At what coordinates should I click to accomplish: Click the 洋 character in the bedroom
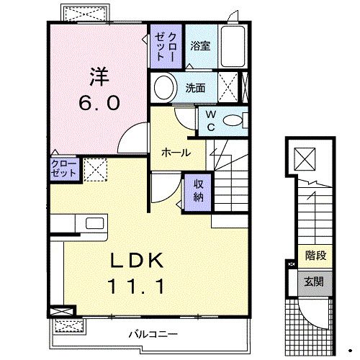[x=99, y=74]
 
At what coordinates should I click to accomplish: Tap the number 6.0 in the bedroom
[x=99, y=102]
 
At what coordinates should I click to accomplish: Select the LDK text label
[x=141, y=259]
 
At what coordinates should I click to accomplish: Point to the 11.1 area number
[x=141, y=287]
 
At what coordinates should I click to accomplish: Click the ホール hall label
[x=176, y=153]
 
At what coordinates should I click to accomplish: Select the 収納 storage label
[x=198, y=189]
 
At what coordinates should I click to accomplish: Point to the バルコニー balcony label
[x=154, y=333]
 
